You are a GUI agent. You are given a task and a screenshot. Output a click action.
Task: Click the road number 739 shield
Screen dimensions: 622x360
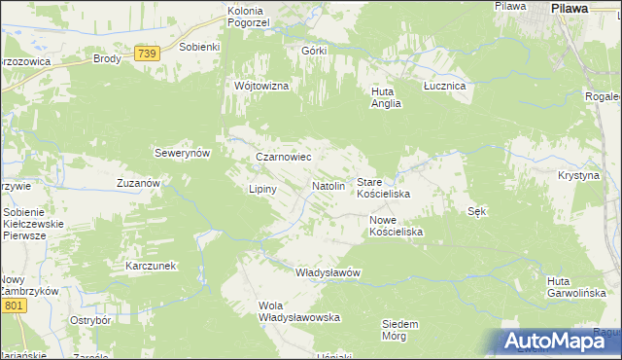tap(147, 54)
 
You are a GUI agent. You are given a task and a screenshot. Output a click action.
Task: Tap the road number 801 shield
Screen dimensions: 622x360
tap(13, 306)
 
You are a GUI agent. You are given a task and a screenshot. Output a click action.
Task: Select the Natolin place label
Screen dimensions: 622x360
tap(328, 185)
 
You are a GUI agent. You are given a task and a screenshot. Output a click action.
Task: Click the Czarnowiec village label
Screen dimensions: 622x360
tap(282, 156)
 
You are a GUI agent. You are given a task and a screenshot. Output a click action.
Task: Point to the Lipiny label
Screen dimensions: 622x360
tap(263, 189)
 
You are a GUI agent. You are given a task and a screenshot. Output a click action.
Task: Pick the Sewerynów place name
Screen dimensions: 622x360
tap(183, 153)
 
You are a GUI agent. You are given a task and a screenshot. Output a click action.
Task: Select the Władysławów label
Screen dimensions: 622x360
tap(328, 272)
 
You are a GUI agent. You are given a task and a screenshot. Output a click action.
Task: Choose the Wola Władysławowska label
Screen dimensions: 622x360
tap(298, 311)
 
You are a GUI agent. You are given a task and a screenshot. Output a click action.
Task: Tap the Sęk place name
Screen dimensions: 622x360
tap(476, 211)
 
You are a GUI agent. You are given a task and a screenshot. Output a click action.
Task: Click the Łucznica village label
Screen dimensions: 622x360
tap(445, 86)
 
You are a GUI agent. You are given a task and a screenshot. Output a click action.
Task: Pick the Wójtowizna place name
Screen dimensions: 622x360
tap(261, 86)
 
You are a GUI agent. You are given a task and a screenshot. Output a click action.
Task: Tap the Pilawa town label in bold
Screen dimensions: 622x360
tap(570, 8)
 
